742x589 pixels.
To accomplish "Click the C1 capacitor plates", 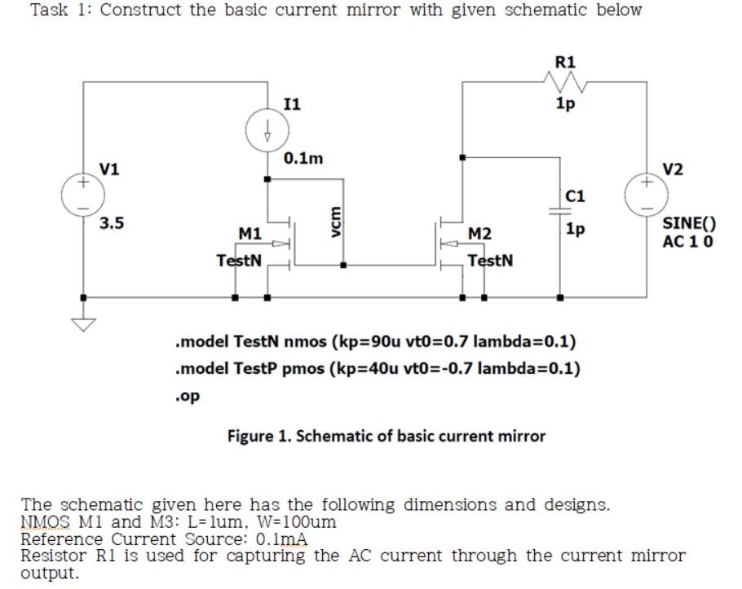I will click(560, 210).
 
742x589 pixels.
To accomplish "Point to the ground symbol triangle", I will click(82, 324).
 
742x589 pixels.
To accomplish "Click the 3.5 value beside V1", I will click(112, 222).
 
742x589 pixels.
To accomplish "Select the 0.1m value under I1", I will click(303, 159).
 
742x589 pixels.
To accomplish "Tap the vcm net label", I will click(333, 221).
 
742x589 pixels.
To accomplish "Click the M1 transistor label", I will click(250, 234).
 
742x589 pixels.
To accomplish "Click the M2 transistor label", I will click(480, 234).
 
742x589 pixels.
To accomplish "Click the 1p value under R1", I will click(564, 103).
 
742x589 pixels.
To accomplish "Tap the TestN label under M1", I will click(239, 261).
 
